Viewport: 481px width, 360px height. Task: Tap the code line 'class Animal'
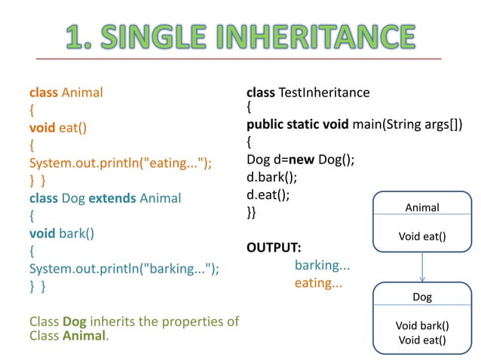click(66, 93)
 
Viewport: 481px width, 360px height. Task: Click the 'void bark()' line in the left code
click(61, 233)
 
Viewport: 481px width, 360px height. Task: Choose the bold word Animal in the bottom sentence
click(84, 336)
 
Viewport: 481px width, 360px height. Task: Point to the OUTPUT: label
click(274, 248)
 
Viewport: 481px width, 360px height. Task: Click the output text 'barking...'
click(322, 265)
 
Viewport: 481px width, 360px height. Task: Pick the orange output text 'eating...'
click(318, 283)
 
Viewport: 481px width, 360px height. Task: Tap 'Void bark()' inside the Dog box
click(422, 326)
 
